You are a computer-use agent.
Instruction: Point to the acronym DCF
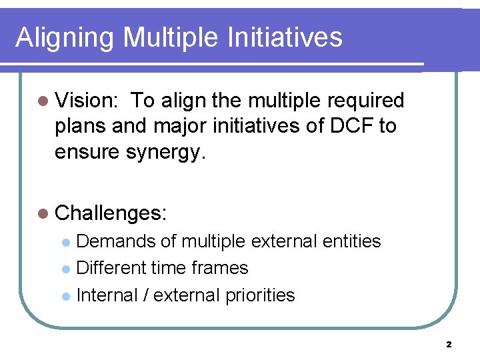click(350, 126)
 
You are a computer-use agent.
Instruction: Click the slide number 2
click(449, 345)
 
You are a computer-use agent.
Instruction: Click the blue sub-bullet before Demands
click(65, 242)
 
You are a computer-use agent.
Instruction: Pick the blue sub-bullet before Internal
click(65, 295)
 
